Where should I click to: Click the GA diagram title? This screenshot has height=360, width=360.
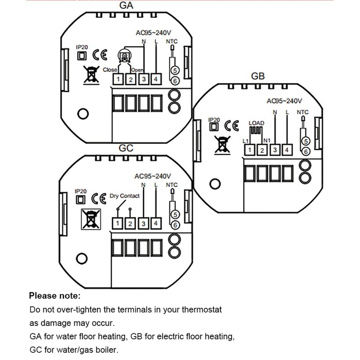point(126,5)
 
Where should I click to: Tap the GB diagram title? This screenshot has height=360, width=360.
point(258,76)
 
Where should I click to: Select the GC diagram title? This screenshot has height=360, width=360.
point(126,148)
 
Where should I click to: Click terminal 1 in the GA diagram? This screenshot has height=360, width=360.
point(118,79)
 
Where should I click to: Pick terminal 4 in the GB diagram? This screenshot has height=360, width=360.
point(287,150)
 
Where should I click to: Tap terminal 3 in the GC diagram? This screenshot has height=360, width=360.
point(144,223)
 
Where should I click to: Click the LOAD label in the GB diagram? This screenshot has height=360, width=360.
point(256,123)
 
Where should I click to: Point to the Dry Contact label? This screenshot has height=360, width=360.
point(125,196)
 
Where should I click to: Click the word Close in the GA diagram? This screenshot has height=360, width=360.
point(110,70)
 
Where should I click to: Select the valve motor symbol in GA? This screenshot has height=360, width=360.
point(125,56)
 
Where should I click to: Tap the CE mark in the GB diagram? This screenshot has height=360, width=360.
point(232,126)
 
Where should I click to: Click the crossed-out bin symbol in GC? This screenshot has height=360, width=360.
point(91,219)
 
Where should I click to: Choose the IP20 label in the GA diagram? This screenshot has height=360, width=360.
point(82,47)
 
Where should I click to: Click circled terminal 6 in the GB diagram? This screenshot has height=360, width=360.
point(306,152)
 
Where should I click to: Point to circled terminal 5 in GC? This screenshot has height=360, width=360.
point(175,215)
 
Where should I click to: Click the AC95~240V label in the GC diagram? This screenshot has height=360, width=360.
point(153,176)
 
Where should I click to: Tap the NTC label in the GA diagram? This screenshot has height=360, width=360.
point(172,41)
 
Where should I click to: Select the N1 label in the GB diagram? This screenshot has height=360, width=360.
point(267,140)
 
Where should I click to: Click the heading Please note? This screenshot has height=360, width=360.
point(55,296)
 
